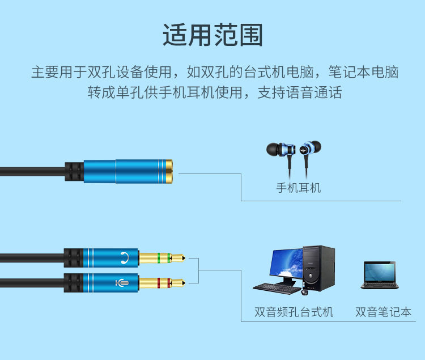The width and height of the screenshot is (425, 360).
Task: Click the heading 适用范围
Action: tap(212, 35)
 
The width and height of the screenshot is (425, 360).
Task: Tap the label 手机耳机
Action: tap(298, 188)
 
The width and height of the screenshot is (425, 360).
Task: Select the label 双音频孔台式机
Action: tap(294, 312)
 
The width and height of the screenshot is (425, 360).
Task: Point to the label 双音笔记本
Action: tap(383, 312)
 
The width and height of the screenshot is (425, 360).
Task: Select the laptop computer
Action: tap(379, 276)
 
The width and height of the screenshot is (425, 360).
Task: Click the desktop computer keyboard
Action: tap(277, 287)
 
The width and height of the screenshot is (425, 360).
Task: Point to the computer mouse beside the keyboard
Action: tap(304, 292)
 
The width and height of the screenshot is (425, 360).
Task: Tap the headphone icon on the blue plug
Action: tap(125, 259)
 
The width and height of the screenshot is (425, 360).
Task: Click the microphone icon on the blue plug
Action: tap(122, 282)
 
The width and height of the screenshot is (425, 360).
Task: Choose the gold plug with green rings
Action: tap(161, 259)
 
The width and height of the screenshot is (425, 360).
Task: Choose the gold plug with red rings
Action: tap(161, 282)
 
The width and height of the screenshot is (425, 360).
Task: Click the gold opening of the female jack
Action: tap(171, 171)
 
